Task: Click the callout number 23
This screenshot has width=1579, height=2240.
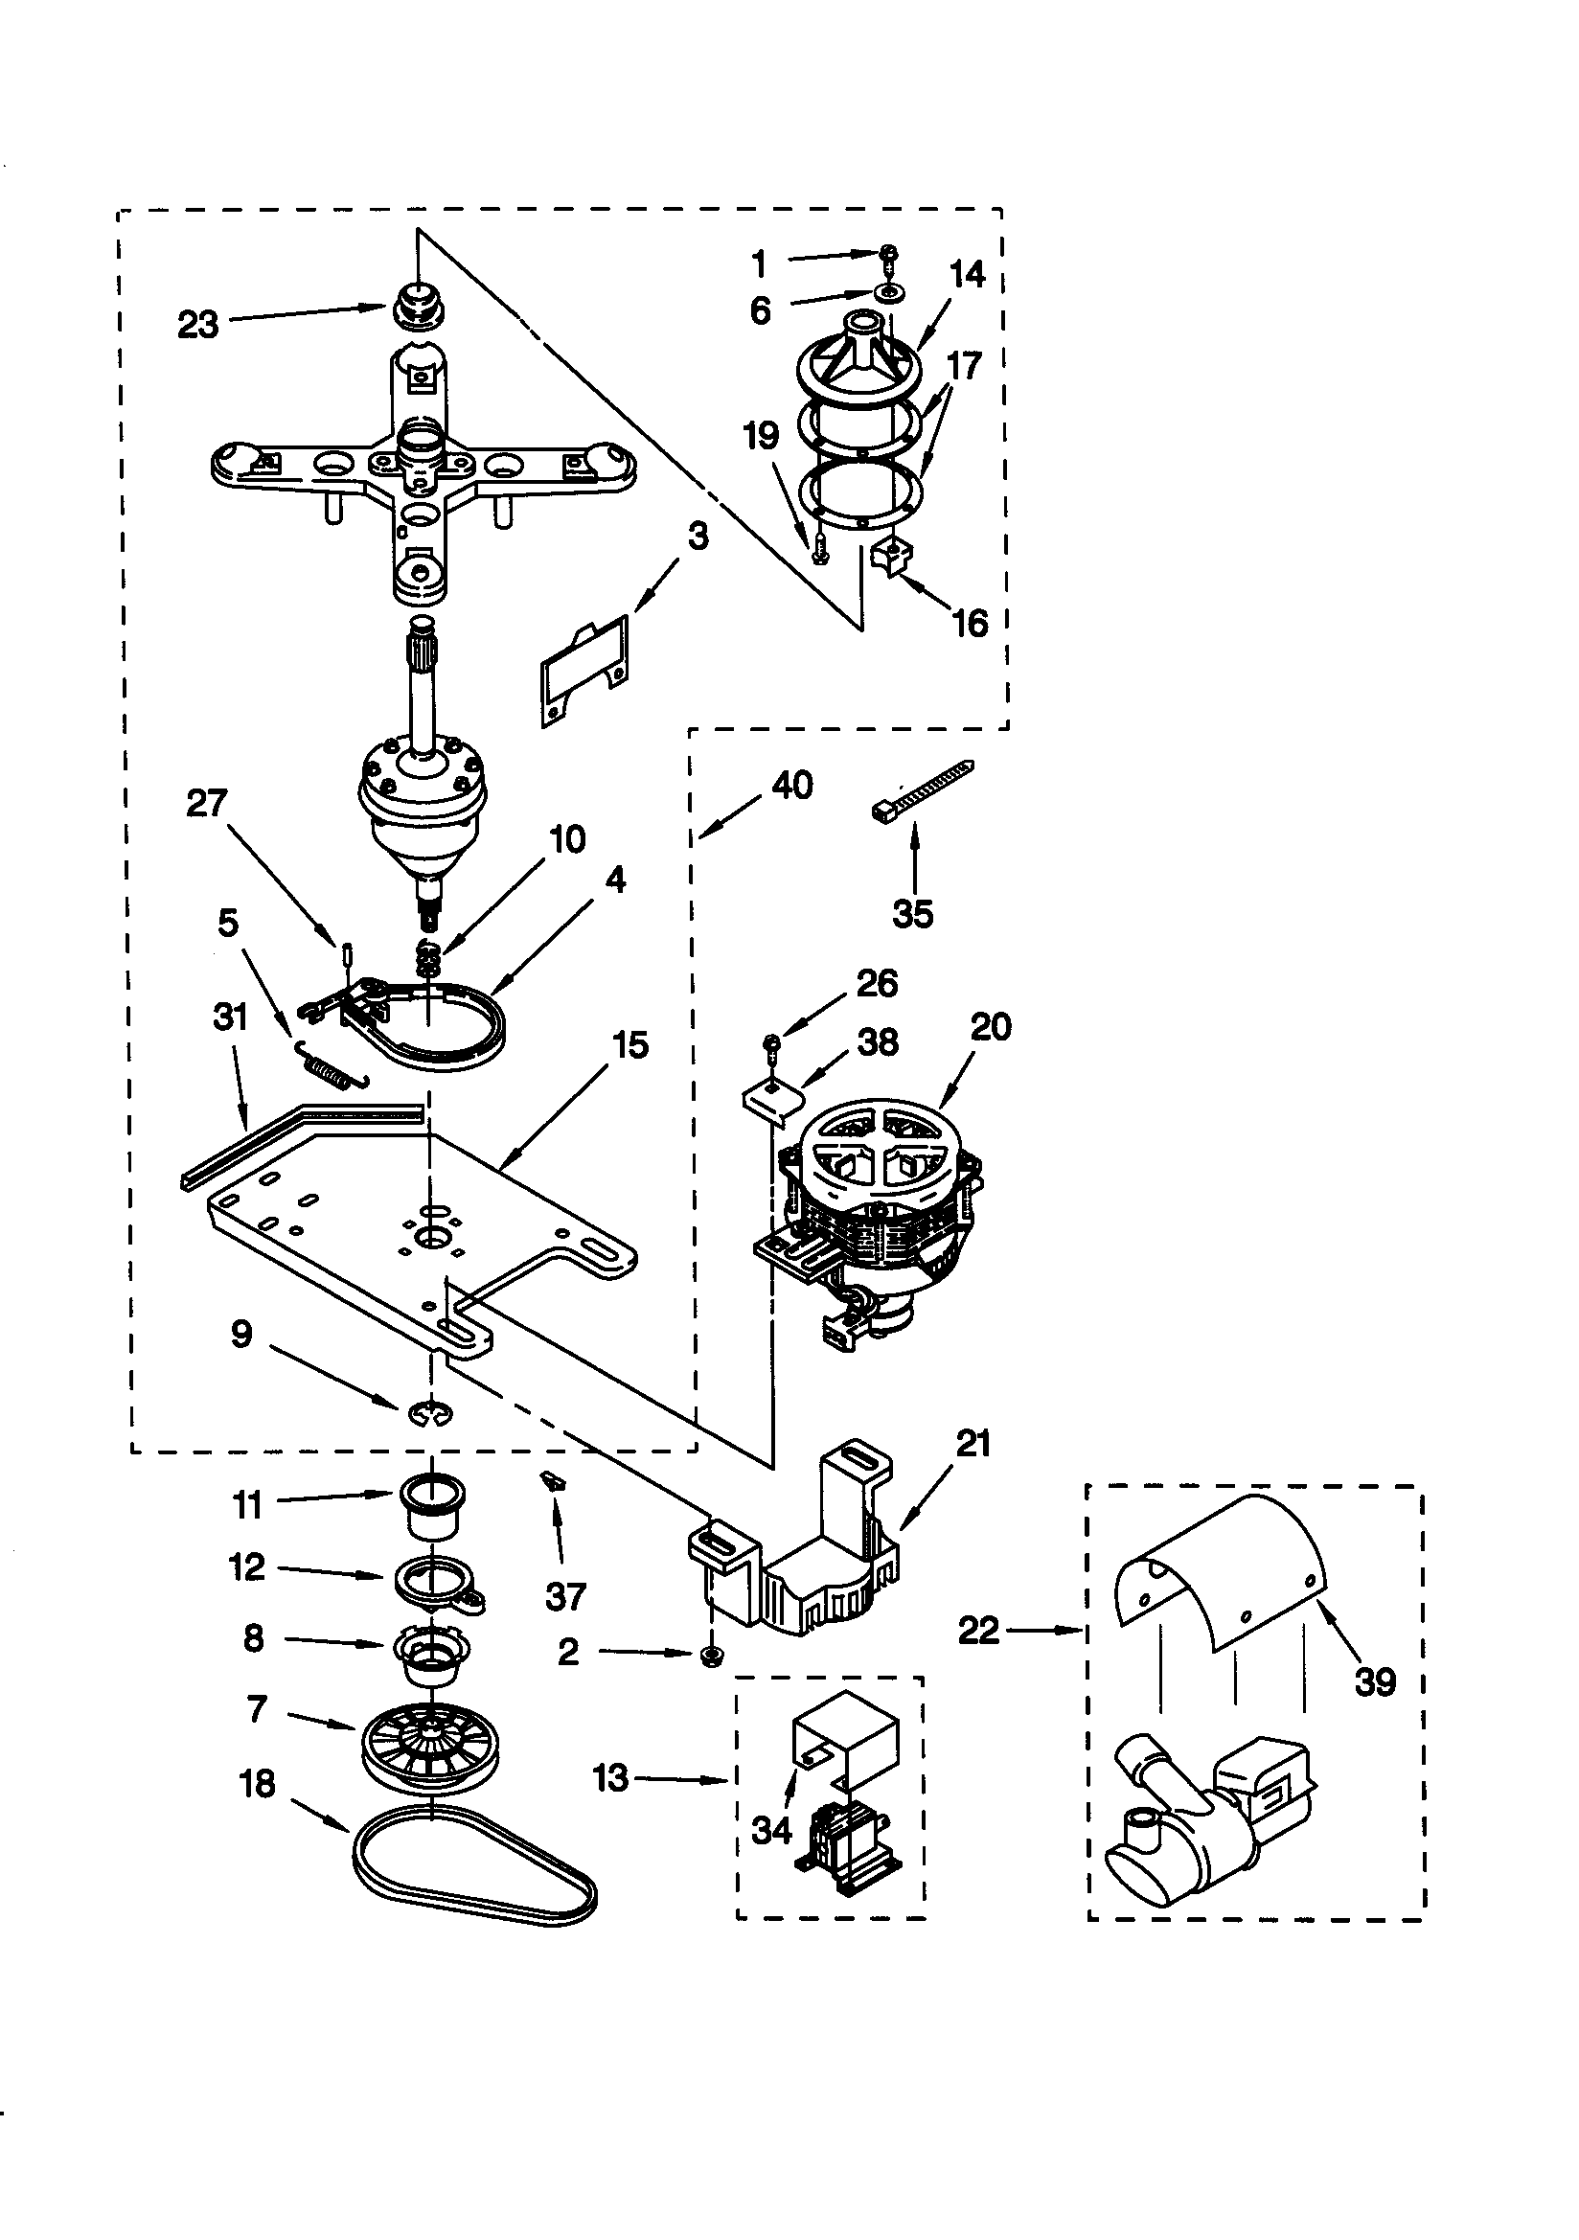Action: (198, 325)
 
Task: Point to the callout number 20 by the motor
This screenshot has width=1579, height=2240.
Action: (992, 1026)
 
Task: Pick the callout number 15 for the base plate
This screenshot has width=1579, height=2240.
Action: (629, 1045)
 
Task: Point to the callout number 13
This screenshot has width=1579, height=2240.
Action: (610, 1778)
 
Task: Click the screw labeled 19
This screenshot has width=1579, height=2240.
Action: (818, 547)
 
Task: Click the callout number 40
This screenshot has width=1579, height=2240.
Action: (791, 785)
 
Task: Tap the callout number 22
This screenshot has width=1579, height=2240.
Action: (979, 1631)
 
